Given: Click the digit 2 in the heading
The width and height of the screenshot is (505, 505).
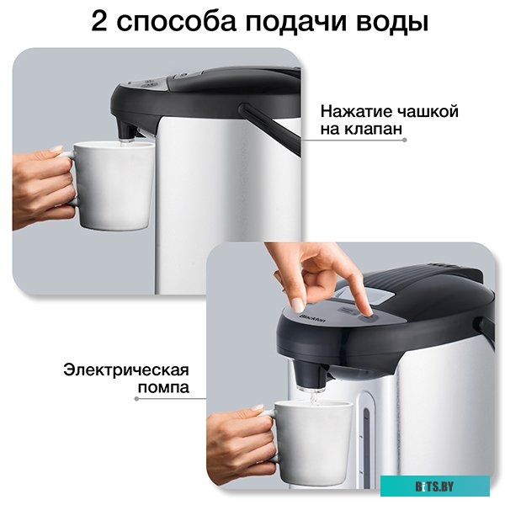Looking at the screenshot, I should coord(102,21).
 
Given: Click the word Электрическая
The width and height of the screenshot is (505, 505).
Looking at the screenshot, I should coord(125,370).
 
